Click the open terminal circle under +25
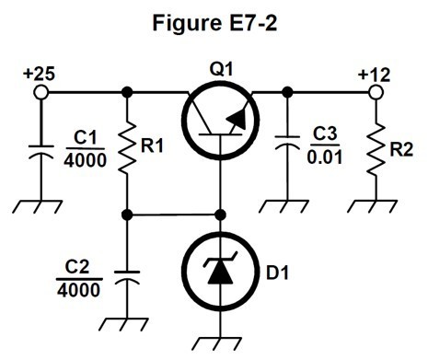(x=40, y=92)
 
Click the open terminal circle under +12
(x=376, y=92)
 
